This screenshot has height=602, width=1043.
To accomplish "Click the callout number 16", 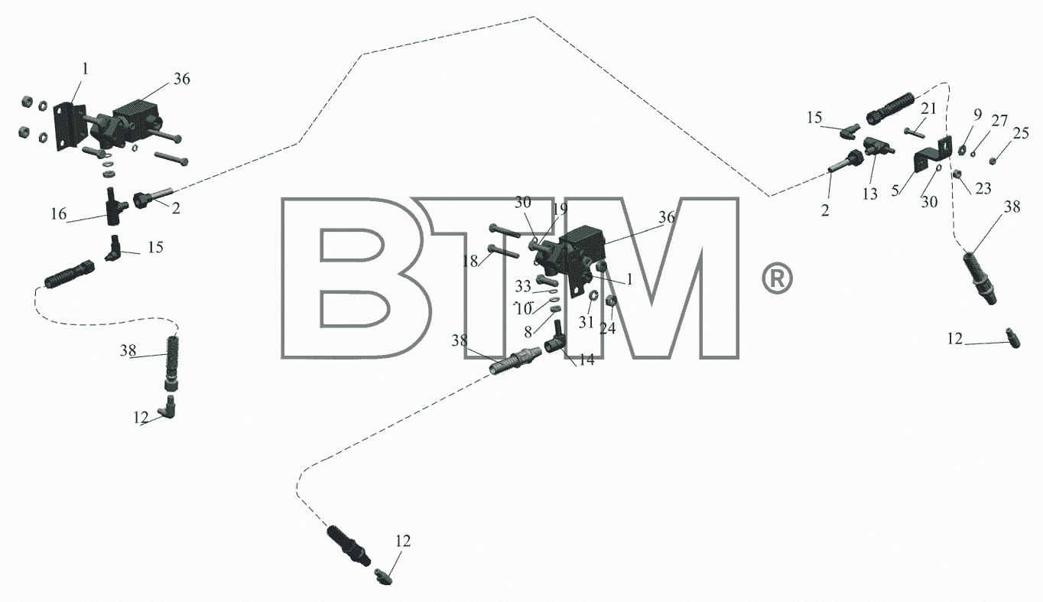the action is pyautogui.click(x=59, y=214).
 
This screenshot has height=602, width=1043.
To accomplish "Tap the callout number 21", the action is pyautogui.click(x=928, y=109).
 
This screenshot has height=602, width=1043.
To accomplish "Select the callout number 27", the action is pyautogui.click(x=999, y=121).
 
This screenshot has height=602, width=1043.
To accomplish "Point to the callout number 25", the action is pyautogui.click(x=1021, y=133).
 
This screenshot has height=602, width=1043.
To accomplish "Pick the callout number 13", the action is pyautogui.click(x=869, y=194).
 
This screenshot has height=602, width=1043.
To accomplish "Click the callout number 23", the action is pyautogui.click(x=983, y=188).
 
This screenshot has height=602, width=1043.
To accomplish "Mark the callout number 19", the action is pyautogui.click(x=560, y=210).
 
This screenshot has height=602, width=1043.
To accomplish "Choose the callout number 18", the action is pyautogui.click(x=470, y=262).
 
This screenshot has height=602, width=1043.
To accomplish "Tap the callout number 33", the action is pyautogui.click(x=523, y=286).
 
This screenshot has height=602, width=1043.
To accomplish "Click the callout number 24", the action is pyautogui.click(x=608, y=328).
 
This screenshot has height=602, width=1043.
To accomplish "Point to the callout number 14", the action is pyautogui.click(x=586, y=360).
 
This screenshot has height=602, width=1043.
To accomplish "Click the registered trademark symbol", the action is pyautogui.click(x=777, y=278).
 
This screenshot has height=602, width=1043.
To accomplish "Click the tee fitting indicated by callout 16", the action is pyautogui.click(x=115, y=206).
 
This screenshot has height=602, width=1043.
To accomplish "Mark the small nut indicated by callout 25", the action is pyautogui.click(x=993, y=161).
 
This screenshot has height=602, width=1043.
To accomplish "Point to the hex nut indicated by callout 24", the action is pyautogui.click(x=611, y=301).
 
